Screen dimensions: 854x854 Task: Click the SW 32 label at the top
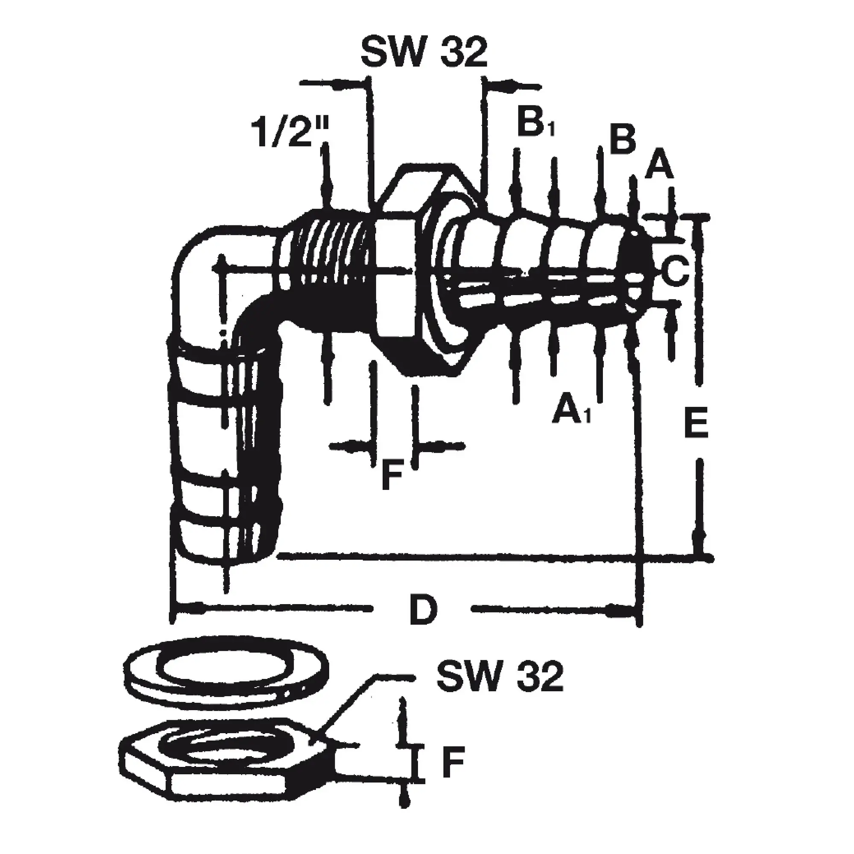click(424, 53)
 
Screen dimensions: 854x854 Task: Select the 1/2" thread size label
click(290, 131)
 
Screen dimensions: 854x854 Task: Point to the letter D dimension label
click(423, 610)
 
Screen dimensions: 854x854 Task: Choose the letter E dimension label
click(696, 423)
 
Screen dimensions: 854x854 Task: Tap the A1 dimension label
click(571, 407)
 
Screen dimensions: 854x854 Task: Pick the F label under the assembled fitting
click(392, 475)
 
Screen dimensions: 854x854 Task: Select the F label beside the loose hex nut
click(453, 762)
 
